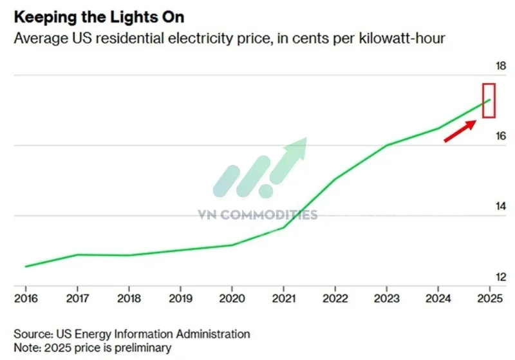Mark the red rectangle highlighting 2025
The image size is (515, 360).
click(x=489, y=100)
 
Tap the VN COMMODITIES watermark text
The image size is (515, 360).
click(x=257, y=214)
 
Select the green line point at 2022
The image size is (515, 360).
click(x=335, y=178)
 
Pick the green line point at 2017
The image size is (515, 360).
click(x=77, y=254)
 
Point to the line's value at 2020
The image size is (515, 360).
click(x=232, y=245)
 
